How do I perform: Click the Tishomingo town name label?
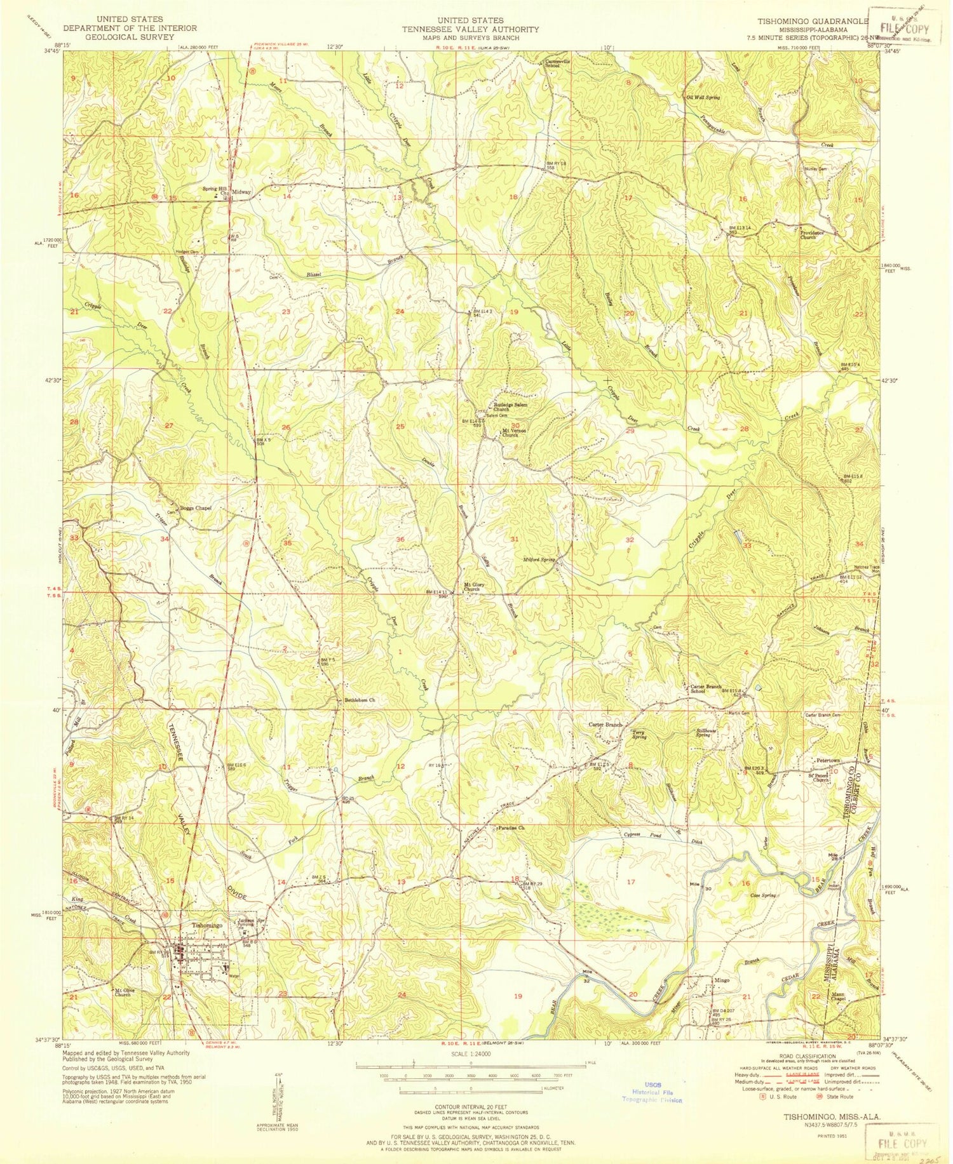207,926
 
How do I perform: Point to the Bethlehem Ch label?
360,700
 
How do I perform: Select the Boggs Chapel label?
195,508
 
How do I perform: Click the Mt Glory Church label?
471,587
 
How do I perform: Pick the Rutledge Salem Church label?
510,407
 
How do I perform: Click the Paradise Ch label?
511,828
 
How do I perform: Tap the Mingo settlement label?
722,980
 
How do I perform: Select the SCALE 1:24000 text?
471,1054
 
